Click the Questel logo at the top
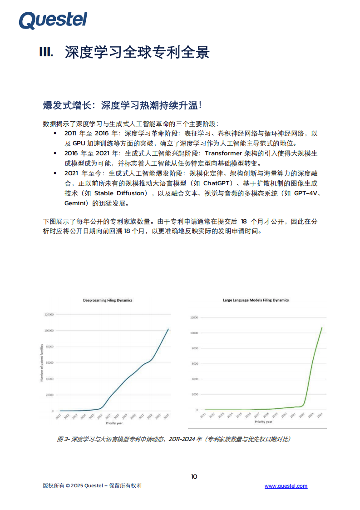tap(53, 20)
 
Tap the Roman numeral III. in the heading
tap(46, 53)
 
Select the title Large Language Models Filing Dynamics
tap(256, 300)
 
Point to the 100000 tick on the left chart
tap(49, 331)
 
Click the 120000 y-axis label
tap(49, 314)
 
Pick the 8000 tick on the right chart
tap(194, 348)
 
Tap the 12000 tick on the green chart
tap(193, 317)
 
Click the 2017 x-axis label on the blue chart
tap(108, 416)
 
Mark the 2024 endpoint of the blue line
tap(168, 329)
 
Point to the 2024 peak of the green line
tap(322, 327)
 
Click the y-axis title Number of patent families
tap(41, 363)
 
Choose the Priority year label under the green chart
tap(263, 422)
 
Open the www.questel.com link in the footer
tap(286, 486)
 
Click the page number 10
tap(194, 476)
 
